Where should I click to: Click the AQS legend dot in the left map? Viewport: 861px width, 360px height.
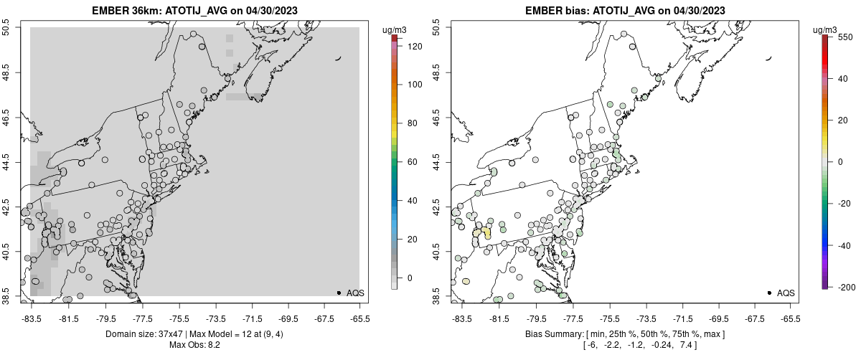(339, 293)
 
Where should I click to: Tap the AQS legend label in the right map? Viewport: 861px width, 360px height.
(786, 293)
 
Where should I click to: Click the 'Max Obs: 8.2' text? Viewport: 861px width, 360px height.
(194, 345)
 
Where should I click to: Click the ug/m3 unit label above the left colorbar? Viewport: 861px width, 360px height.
(397, 29)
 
